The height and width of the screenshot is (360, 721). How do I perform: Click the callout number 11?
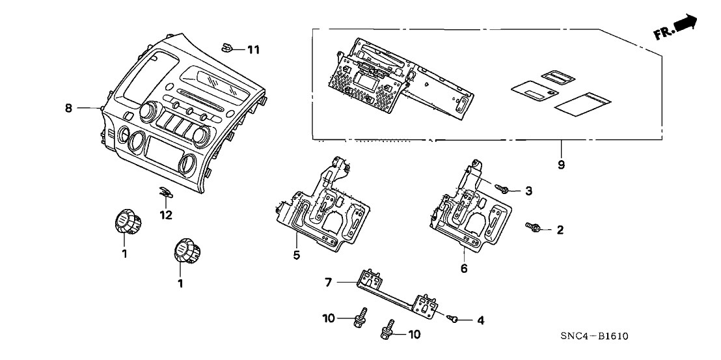point(252,49)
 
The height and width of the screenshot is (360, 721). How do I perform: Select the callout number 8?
point(68,109)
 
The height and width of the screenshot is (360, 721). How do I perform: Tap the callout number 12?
point(167,215)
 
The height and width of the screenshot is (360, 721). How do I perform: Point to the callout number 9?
point(561,165)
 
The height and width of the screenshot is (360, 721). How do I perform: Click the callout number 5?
point(296,255)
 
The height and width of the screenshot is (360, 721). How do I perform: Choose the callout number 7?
point(329,282)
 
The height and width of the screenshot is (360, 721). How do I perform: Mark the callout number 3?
point(528,191)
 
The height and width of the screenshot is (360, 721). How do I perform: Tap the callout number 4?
point(480,320)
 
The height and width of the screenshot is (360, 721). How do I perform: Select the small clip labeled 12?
point(166,192)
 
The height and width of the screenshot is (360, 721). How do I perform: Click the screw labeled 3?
point(504,188)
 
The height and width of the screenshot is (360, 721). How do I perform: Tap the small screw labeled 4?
point(454,318)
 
